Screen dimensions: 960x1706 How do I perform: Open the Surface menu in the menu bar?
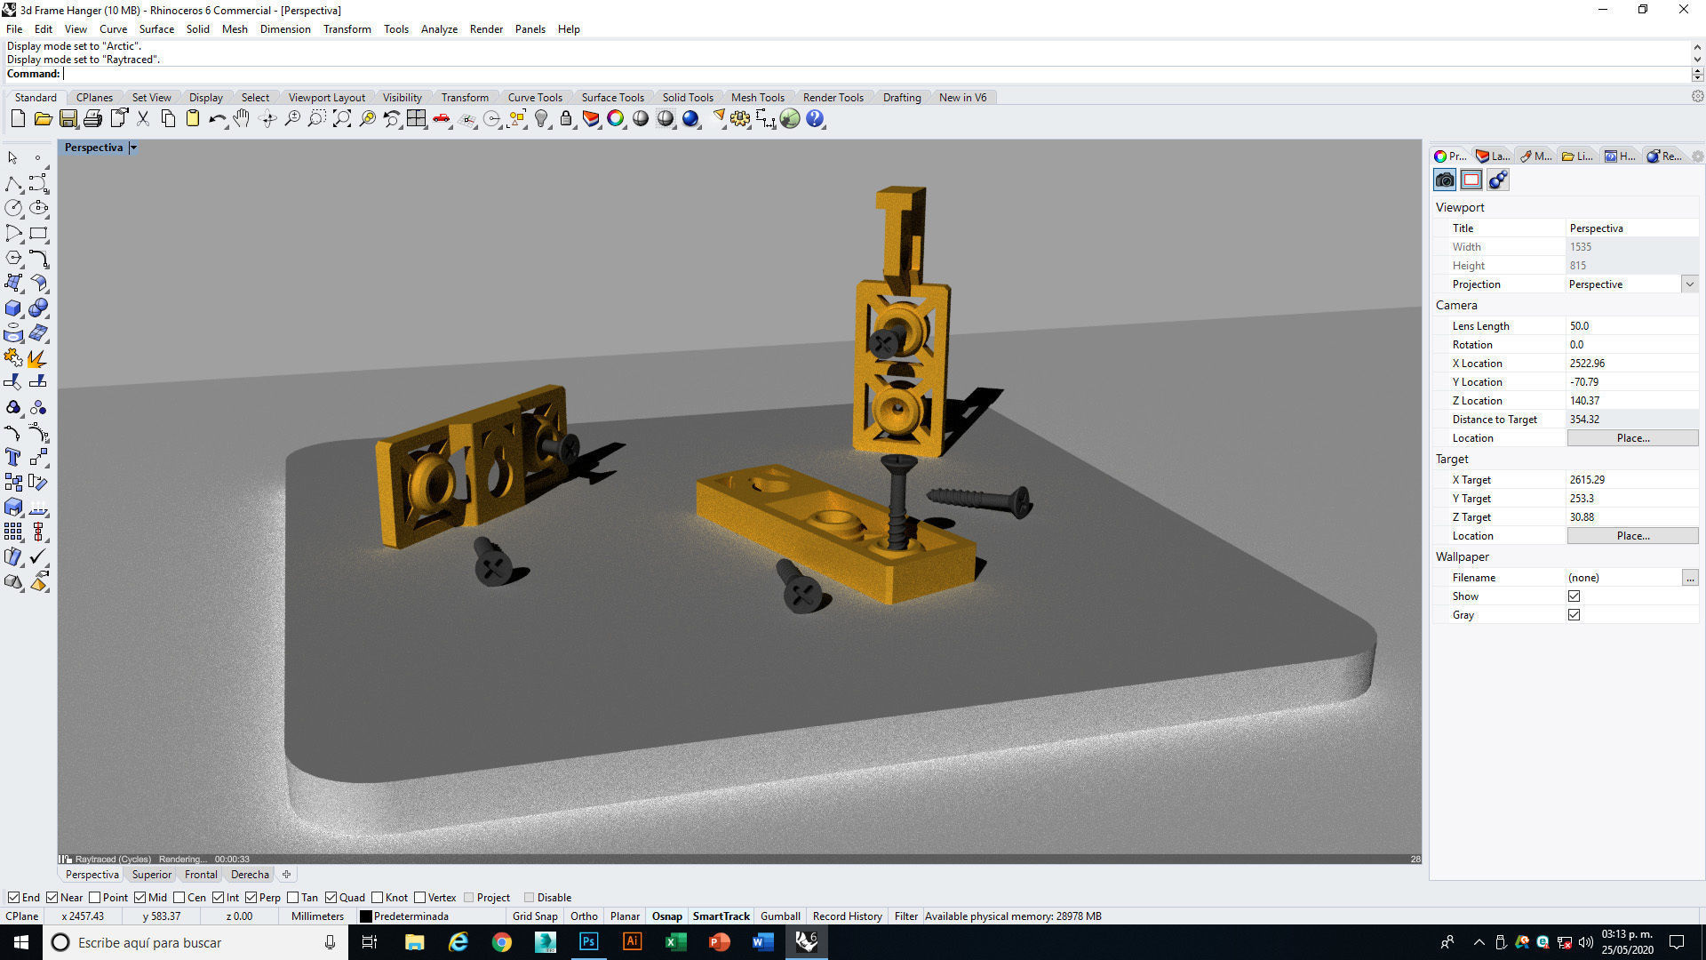(156, 29)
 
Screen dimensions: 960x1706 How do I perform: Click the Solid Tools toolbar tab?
(687, 98)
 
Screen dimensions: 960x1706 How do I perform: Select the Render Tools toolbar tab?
(833, 98)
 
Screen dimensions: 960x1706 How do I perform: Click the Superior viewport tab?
(151, 875)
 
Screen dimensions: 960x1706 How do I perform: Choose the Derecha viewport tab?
(250, 875)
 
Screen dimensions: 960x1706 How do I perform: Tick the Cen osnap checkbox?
(179, 898)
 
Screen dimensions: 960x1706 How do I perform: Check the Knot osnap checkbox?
(378, 898)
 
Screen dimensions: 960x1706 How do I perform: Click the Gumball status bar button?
(780, 916)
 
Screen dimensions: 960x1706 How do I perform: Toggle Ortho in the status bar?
(584, 916)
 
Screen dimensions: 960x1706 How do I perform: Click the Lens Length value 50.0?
(1579, 326)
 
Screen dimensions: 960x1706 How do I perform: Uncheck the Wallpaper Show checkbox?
(1574, 596)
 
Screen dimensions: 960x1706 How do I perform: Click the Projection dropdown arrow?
(1689, 284)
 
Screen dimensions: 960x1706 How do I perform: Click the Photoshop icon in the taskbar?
(588, 942)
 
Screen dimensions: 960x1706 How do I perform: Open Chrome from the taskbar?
(502, 942)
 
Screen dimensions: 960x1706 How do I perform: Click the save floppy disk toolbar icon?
(68, 119)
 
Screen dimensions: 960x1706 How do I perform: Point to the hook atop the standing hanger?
(902, 227)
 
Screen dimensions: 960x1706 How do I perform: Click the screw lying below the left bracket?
(491, 562)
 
